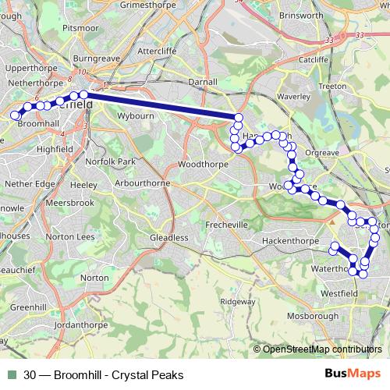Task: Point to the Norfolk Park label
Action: [x=111, y=161]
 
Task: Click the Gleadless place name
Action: [x=170, y=237]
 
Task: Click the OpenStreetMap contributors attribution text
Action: [x=322, y=349]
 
